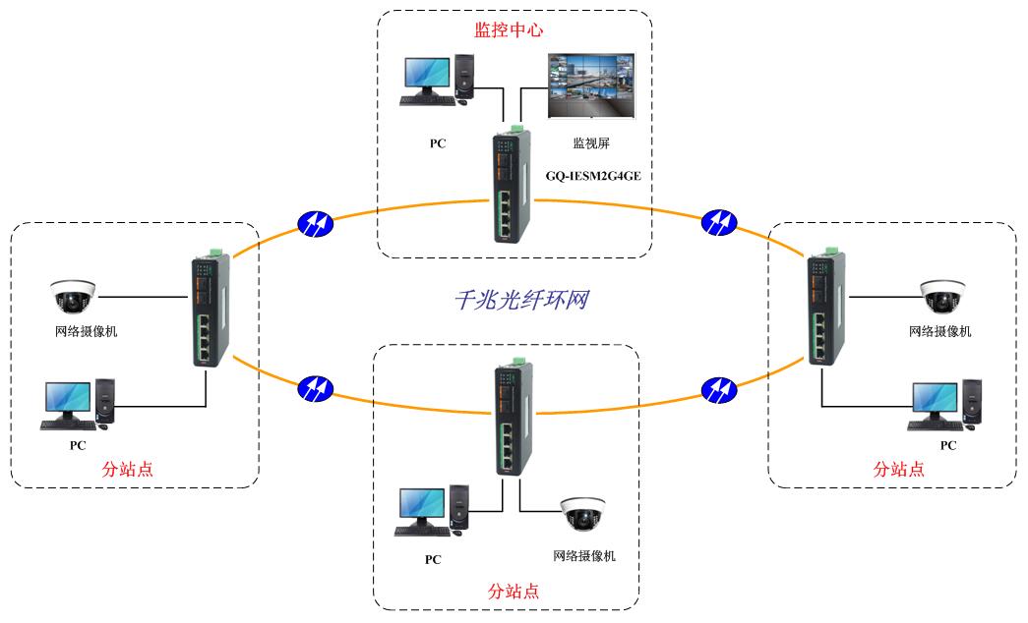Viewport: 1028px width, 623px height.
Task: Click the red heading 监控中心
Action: (509, 30)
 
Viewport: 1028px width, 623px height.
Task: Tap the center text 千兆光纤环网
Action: (521, 299)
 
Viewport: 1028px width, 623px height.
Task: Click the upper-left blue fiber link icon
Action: (316, 224)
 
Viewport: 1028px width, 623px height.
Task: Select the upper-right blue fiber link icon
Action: (719, 223)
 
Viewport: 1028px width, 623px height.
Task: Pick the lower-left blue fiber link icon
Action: (316, 388)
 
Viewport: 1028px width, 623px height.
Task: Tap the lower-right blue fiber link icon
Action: (719, 389)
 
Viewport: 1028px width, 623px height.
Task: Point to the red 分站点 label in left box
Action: (128, 470)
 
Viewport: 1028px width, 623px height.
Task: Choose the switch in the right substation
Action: (824, 311)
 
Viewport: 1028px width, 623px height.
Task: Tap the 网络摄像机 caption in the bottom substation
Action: (584, 556)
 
